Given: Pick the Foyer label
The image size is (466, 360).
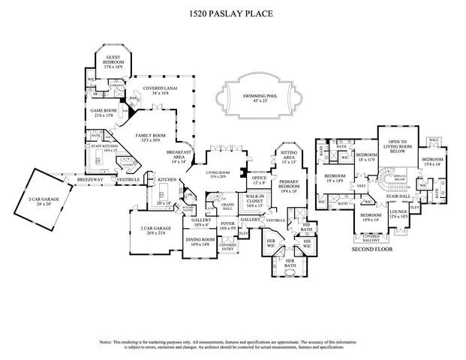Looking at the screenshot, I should (x=228, y=225).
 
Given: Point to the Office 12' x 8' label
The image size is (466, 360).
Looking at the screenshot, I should (x=260, y=180).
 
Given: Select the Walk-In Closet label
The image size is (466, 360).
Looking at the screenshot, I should (x=254, y=200).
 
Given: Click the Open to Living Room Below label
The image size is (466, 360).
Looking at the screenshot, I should (x=397, y=146).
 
